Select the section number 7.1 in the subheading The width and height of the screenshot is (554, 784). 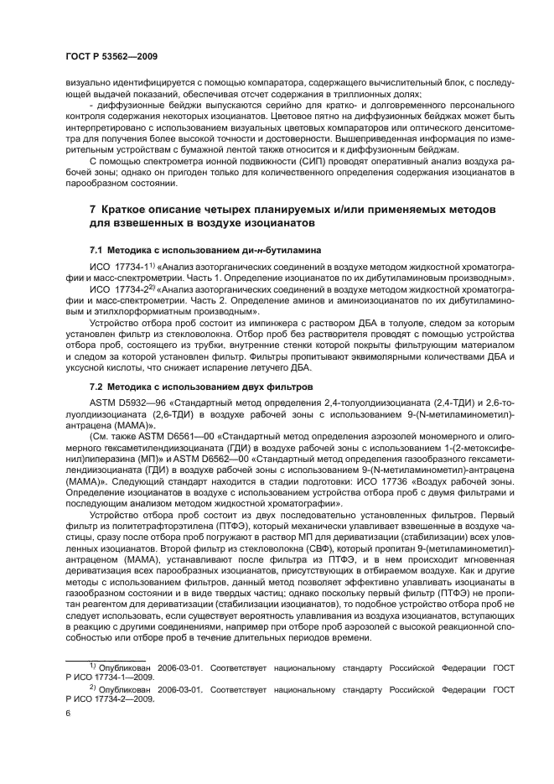coord(98,250)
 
